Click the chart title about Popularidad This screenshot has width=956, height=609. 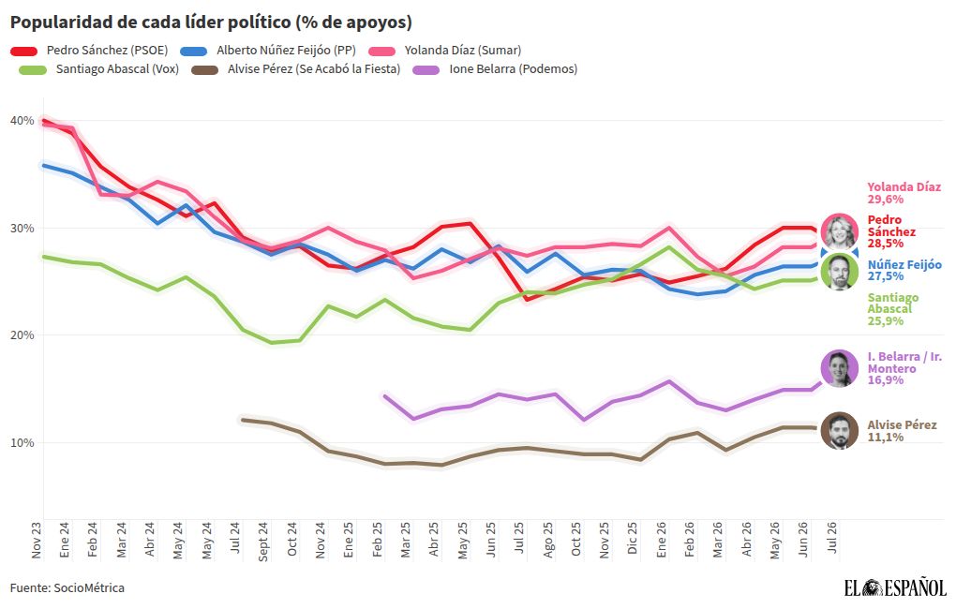tap(211, 22)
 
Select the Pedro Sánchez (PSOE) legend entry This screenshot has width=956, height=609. tap(89, 51)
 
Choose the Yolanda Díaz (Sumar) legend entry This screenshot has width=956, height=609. tap(445, 51)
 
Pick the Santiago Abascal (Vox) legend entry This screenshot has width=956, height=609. tap(99, 69)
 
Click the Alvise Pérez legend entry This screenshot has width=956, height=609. tap(295, 69)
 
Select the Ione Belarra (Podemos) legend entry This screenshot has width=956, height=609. tap(495, 69)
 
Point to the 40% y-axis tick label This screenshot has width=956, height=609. tap(22, 121)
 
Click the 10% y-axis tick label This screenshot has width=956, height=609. tap(22, 442)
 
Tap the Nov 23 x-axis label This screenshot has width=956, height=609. tap(36, 540)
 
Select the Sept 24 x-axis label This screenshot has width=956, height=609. tap(262, 541)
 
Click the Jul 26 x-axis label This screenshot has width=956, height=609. tap(830, 538)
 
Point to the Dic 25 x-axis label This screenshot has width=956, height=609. tap(632, 538)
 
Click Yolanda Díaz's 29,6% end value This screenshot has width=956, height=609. tap(886, 200)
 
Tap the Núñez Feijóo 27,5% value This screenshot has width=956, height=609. tap(886, 276)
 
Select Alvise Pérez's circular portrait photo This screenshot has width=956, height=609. tap(840, 431)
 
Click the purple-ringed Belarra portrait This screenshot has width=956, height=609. tap(840, 368)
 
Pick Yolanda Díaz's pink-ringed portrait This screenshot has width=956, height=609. tap(840, 232)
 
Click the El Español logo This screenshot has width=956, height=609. tap(894, 587)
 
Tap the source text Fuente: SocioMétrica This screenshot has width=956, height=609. tap(67, 588)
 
